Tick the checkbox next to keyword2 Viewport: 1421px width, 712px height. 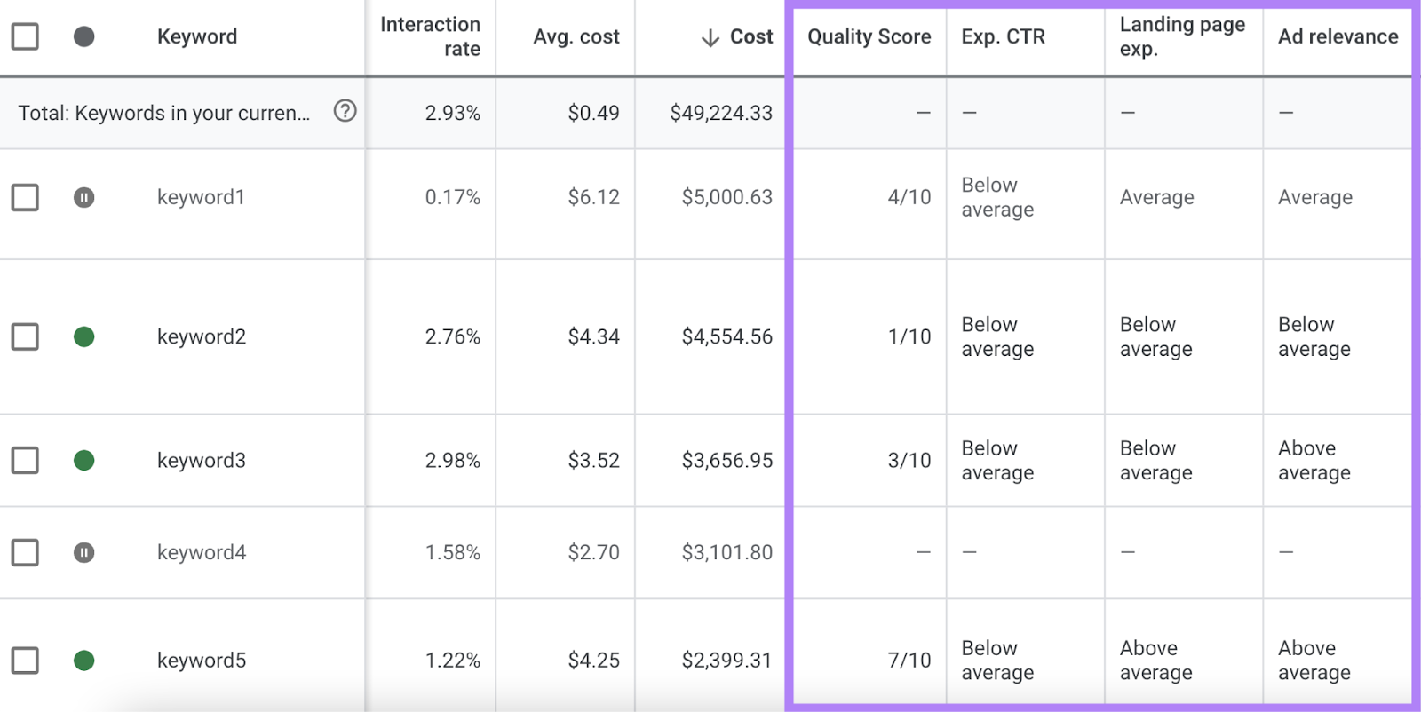click(25, 336)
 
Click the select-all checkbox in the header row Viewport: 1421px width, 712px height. click(25, 36)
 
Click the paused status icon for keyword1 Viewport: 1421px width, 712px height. click(83, 197)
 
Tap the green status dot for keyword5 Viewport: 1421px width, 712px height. click(83, 661)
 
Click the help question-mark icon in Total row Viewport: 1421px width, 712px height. click(345, 111)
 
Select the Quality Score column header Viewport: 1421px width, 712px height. click(869, 36)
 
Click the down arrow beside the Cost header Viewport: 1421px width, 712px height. click(710, 37)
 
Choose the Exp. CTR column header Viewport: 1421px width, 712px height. click(1003, 36)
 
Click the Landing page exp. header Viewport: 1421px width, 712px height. click(1181, 36)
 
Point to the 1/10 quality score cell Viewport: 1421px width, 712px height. click(909, 336)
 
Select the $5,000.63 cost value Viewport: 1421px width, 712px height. click(726, 197)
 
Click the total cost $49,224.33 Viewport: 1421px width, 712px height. click(720, 113)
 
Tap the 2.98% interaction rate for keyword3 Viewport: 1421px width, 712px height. click(452, 460)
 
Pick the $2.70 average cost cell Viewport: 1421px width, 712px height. click(593, 552)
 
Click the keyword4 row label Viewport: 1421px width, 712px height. click(202, 552)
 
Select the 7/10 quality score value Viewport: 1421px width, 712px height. click(909, 661)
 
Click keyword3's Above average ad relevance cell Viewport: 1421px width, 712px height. click(1314, 460)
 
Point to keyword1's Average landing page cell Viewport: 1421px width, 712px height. click(1156, 197)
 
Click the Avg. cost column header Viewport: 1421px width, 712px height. click(576, 36)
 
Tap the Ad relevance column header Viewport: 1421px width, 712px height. click(1338, 36)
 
